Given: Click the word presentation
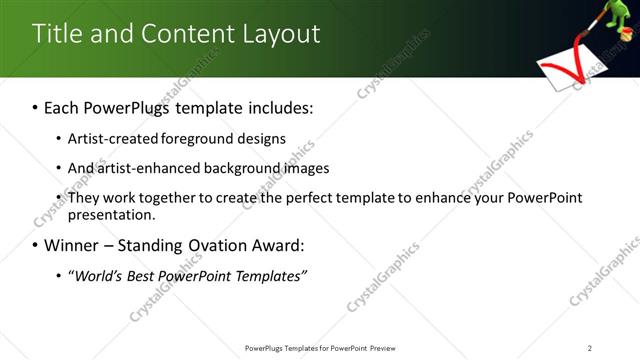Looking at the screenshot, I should (x=111, y=214).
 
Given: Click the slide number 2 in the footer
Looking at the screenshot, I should (x=590, y=348).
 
